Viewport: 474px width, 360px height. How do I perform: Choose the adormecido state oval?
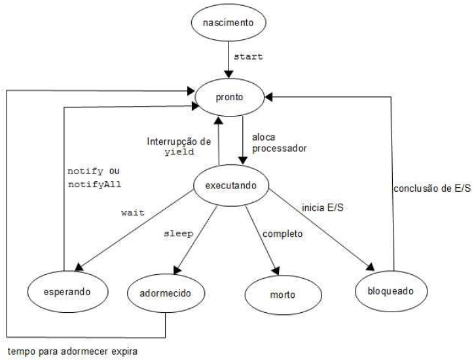(x=166, y=291)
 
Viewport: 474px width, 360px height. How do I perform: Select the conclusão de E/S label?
(x=432, y=190)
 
